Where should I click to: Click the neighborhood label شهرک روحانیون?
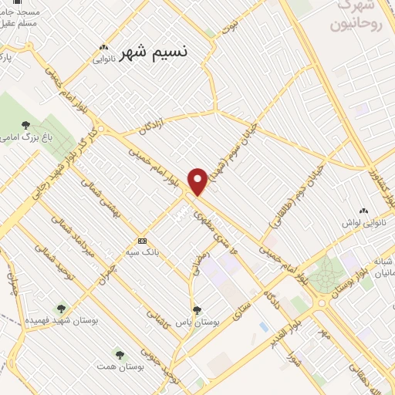(x=356, y=15)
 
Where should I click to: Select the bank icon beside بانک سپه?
(x=142, y=239)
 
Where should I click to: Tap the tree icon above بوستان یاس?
(x=197, y=309)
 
